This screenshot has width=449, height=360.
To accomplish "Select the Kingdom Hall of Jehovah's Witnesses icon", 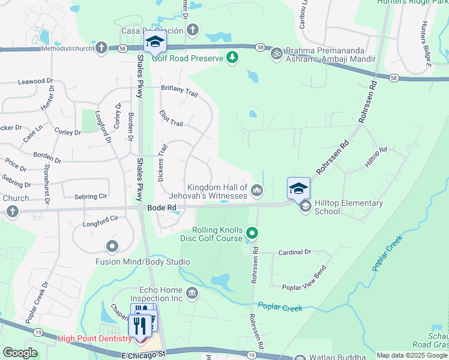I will coord(257,191).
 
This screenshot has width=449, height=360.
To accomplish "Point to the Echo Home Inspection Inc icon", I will coord(192,293).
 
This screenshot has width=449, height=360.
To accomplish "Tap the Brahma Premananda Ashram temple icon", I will coord(277,53).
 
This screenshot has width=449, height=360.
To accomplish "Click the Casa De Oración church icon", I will coord(193,29).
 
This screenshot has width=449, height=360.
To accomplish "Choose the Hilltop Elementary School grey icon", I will coord(305,206).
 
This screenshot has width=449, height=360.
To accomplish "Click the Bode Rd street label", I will coord(162,208).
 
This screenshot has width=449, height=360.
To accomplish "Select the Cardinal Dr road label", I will coord(295,253).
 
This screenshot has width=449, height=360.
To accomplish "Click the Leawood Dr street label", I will coord(35,81).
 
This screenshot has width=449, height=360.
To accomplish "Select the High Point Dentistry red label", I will coord(94,339).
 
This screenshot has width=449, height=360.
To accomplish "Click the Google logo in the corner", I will coord(20,353).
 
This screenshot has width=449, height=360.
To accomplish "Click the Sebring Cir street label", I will coord(90,196).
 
